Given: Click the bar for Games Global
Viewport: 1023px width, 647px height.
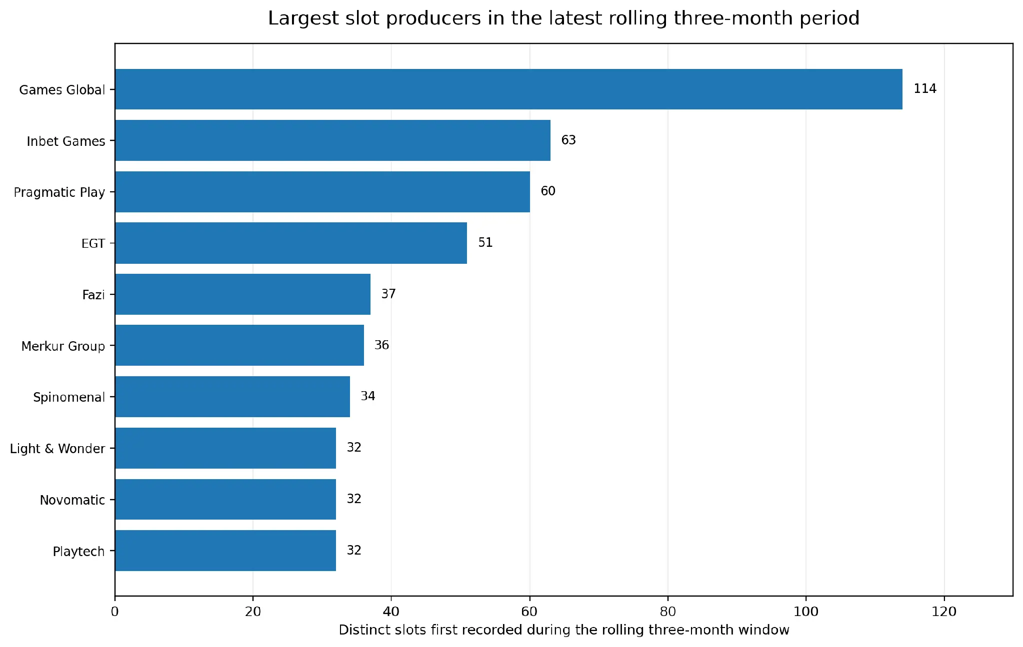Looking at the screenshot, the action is pos(508,89).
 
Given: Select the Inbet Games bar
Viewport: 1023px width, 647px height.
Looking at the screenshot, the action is pos(332,140).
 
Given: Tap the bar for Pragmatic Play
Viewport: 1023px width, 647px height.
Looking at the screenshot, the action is pos(322,192).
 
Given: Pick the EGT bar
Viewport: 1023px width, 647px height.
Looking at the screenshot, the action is pos(291,243).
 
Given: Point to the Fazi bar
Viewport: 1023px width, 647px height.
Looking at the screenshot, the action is pos(242,294).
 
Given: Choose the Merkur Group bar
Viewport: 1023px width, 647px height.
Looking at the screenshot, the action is pos(239,345).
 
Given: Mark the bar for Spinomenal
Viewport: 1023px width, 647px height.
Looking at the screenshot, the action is pos(232,397).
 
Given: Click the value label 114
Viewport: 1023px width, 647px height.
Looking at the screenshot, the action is pos(925,89).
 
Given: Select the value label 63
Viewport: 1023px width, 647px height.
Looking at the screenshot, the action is pos(568,140).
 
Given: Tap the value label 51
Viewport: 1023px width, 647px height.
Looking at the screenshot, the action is pos(485,242).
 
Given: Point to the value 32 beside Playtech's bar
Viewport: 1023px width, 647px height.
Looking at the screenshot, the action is pos(354,550).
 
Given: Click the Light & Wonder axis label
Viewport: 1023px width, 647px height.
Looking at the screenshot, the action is pos(57,449).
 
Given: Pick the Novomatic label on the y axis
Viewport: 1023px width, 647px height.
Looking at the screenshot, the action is pos(72,500).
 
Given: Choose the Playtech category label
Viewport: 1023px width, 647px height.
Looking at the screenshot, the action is pos(78,552).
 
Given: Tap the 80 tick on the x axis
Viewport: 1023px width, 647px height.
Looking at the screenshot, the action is pos(668,612).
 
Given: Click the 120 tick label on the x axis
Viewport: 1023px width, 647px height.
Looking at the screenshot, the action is pos(944,612).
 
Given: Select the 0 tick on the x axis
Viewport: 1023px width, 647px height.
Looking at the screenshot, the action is pos(115,612).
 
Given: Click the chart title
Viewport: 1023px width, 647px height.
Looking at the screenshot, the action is pos(563,18).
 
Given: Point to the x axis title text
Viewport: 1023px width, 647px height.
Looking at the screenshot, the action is pos(564,630).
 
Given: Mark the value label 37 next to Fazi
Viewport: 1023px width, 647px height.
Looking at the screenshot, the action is pos(388,294).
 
